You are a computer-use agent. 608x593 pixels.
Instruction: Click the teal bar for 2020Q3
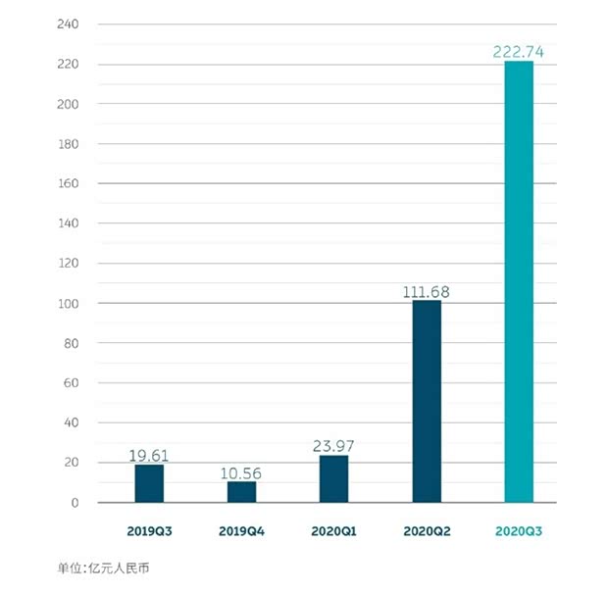[x=519, y=282]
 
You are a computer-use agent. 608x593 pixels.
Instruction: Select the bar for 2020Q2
[x=427, y=402]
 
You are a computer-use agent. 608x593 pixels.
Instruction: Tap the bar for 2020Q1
[x=333, y=479]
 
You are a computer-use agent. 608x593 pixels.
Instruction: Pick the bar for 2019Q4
[x=241, y=492]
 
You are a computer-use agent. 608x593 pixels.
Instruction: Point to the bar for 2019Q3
[x=149, y=483]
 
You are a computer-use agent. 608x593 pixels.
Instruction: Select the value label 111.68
[x=428, y=291]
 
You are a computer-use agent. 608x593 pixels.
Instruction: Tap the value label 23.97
[x=333, y=446]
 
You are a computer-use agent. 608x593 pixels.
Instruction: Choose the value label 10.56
[x=241, y=472]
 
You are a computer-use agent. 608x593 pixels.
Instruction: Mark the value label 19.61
[x=149, y=455]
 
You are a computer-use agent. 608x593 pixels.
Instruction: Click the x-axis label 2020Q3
[x=519, y=531]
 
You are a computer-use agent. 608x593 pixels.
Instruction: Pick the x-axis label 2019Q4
[x=241, y=531]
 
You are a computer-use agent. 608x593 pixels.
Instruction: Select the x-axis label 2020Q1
[x=333, y=531]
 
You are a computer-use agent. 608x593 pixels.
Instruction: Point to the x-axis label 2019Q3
[x=149, y=531]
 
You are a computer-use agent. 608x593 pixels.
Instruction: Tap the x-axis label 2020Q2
[x=427, y=531]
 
